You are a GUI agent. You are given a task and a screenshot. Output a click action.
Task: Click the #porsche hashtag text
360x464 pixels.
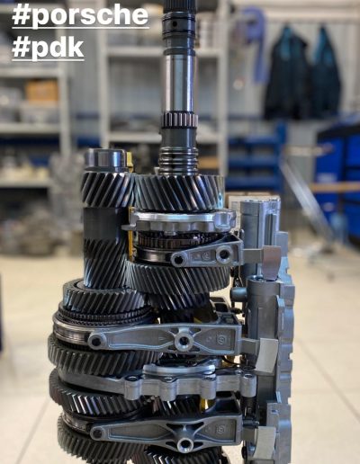coord(80,14)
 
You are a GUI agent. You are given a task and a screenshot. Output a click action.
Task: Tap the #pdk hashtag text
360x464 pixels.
coord(48,48)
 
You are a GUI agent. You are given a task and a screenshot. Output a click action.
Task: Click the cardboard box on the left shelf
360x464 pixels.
coord(41,91)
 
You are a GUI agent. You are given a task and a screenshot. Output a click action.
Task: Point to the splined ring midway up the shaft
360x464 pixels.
coord(180,120)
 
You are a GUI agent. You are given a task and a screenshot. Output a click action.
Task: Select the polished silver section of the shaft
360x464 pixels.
coord(180,81)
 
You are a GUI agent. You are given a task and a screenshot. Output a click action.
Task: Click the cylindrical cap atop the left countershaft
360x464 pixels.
coord(105,160)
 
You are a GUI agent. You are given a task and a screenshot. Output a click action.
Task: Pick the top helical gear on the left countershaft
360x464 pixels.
coord(107,189)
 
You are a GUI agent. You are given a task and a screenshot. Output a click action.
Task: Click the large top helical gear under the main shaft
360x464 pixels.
coord(179,192)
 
